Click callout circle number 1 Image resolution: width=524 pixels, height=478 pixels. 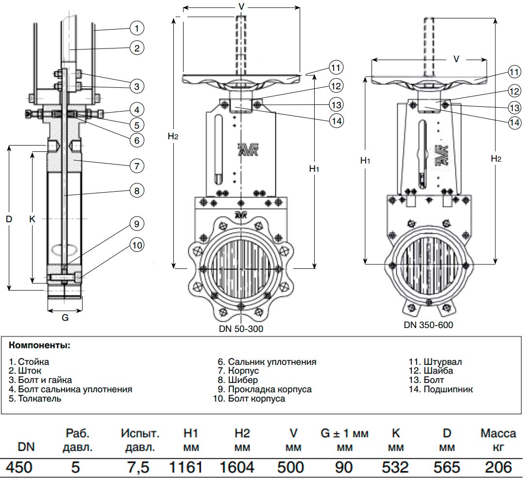[x=137, y=29]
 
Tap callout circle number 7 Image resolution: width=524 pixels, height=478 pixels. [x=137, y=165]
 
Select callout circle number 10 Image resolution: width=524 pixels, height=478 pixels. [x=137, y=246]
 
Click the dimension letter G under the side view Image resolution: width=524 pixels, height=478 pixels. [x=65, y=318]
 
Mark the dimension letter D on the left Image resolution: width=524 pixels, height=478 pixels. [x=9, y=219]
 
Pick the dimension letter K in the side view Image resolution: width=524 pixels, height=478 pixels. [x=32, y=219]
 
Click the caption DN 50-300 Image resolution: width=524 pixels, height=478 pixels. [x=241, y=329]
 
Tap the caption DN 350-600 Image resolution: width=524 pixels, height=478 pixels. [x=428, y=325]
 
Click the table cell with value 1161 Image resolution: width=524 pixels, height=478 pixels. [x=186, y=467]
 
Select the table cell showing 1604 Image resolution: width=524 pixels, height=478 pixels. [x=237, y=467]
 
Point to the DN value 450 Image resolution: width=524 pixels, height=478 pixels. [x=18, y=467]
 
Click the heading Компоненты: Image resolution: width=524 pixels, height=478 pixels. [x=39, y=346]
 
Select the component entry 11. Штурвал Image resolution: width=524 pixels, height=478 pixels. [x=436, y=362]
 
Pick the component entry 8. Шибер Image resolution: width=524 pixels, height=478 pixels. [x=237, y=380]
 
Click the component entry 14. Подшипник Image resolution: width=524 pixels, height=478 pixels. [x=441, y=389]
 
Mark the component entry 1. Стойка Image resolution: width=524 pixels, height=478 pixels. [x=29, y=362]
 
